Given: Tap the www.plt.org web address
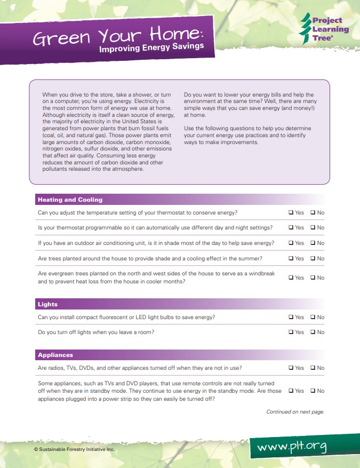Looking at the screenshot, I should (x=292, y=446).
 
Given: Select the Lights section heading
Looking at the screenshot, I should (x=47, y=304).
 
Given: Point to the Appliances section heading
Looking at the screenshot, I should (x=55, y=355).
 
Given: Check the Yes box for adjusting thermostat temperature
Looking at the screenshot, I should (x=291, y=212).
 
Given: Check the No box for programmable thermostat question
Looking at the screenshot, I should (x=313, y=227).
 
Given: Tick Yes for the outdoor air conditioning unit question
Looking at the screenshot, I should (x=291, y=243).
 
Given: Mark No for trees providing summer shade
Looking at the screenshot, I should (x=313, y=258).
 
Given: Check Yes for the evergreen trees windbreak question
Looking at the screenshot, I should (x=291, y=277).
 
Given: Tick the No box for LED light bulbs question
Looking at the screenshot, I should (x=313, y=317).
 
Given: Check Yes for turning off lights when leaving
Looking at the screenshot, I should (x=291, y=332).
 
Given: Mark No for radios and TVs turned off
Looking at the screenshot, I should (x=313, y=368).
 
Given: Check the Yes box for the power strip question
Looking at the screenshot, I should (x=291, y=391).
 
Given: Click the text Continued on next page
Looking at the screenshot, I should (x=295, y=411).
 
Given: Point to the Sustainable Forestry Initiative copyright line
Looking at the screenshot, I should (x=74, y=449).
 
